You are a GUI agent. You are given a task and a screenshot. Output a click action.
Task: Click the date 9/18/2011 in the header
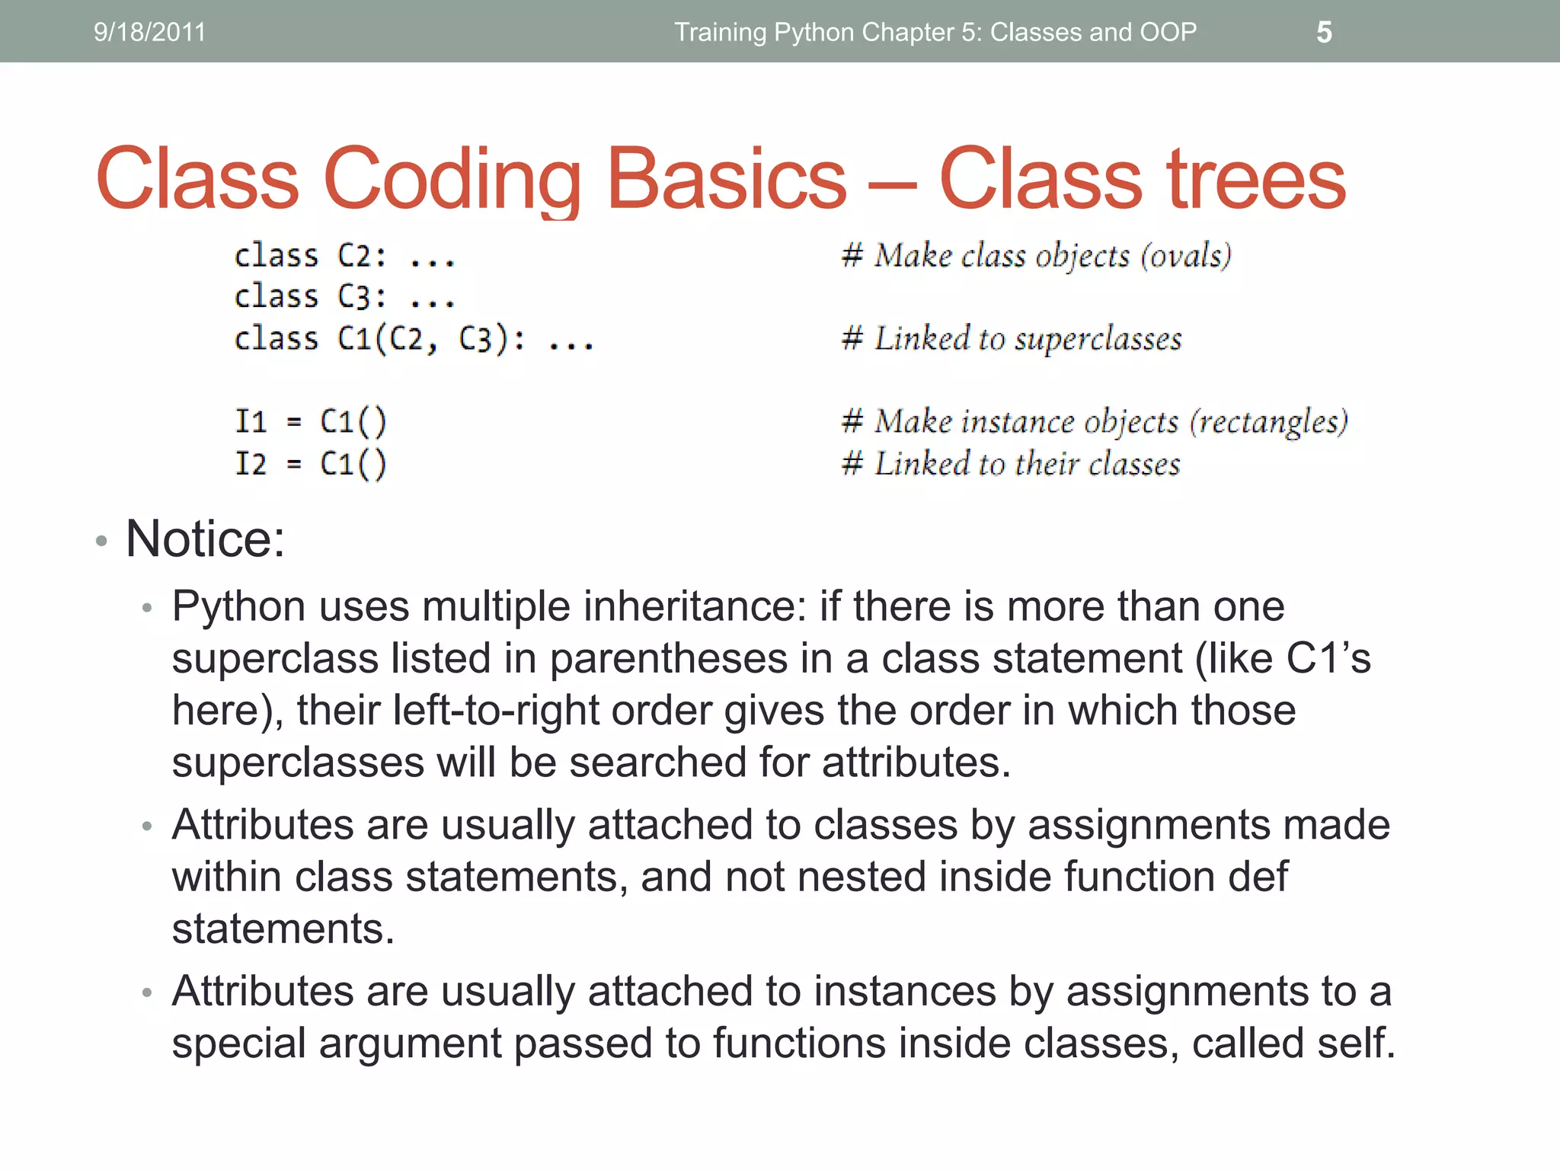pyautogui.click(x=149, y=32)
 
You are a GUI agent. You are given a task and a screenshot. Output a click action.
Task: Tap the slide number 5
pyautogui.click(x=1324, y=32)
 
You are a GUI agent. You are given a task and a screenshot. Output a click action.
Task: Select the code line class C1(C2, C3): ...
pyautogui.click(x=414, y=339)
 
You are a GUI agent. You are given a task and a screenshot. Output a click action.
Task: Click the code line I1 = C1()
pyautogui.click(x=311, y=421)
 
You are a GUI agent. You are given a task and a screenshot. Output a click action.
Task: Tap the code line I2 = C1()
pyautogui.click(x=311, y=463)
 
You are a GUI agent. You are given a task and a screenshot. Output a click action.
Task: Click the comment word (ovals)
pyautogui.click(x=1185, y=256)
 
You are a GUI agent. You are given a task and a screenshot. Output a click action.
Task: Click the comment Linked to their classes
pyautogui.click(x=1026, y=463)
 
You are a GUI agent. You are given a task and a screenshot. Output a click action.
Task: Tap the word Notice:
pyautogui.click(x=205, y=539)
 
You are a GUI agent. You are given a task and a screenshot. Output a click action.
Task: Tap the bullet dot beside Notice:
pyautogui.click(x=101, y=541)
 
